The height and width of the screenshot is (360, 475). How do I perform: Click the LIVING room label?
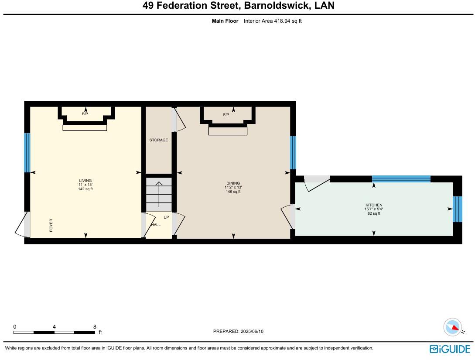click(85, 181)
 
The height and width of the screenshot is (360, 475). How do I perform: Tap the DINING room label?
click(233, 183)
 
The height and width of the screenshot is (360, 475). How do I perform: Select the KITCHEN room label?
click(374, 205)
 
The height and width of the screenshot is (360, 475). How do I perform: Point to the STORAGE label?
click(158, 140)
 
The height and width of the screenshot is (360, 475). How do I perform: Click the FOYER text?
click(51, 225)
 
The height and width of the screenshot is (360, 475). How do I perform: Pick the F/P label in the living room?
click(85, 114)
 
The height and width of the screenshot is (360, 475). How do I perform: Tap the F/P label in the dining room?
click(226, 115)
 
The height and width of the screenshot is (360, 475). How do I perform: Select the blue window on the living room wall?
click(27, 153)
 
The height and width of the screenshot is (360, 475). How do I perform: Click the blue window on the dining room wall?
click(293, 153)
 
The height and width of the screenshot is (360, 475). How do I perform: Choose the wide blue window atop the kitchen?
click(401, 178)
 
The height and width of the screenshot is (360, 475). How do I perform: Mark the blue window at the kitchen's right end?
click(457, 209)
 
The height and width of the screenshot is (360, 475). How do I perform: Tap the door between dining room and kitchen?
click(288, 216)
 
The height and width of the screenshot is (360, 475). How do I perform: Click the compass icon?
click(452, 327)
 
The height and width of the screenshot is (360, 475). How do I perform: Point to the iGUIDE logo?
click(450, 349)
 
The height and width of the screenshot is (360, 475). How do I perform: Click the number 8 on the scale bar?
click(95, 326)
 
